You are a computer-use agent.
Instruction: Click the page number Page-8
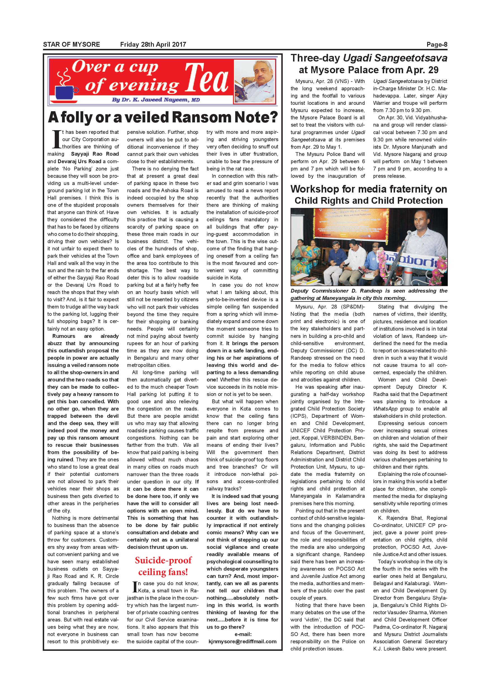click(437, 45)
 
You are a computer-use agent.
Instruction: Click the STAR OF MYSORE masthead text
click(72, 45)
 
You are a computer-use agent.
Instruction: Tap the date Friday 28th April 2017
click(153, 45)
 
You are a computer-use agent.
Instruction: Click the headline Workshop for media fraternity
click(368, 189)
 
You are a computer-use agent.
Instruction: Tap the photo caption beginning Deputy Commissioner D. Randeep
click(368, 294)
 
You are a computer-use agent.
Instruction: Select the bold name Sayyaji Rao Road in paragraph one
click(95, 154)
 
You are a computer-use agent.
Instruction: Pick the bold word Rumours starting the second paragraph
click(64, 336)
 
